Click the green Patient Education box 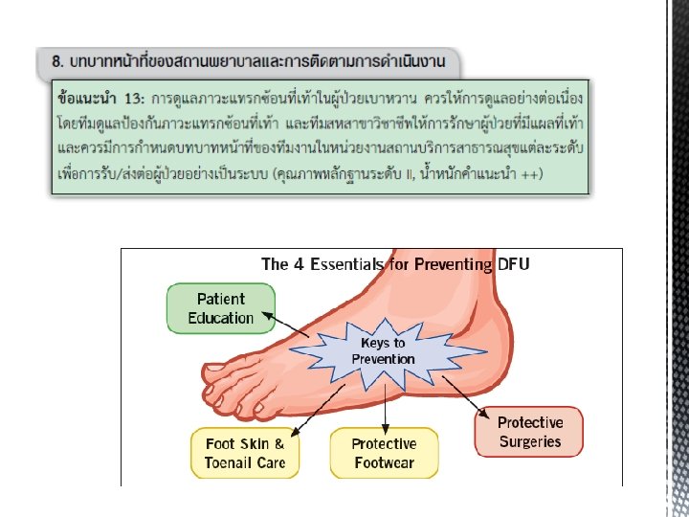(221, 308)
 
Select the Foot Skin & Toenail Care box (245, 453)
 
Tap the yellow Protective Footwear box (384, 453)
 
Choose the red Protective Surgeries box (529, 432)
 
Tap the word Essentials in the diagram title (351, 263)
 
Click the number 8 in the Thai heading (58, 60)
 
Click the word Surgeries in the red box (529, 441)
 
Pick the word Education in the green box (221, 318)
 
